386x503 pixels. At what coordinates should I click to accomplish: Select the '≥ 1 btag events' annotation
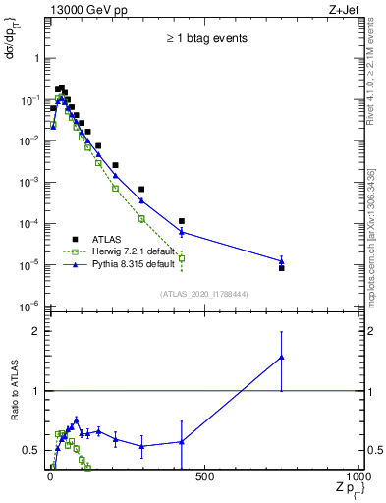[205, 39]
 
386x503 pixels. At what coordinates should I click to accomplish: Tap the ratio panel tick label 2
[38, 331]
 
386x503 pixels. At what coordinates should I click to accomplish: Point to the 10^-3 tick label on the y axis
[32, 182]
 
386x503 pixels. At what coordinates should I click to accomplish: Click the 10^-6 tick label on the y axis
[32, 306]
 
